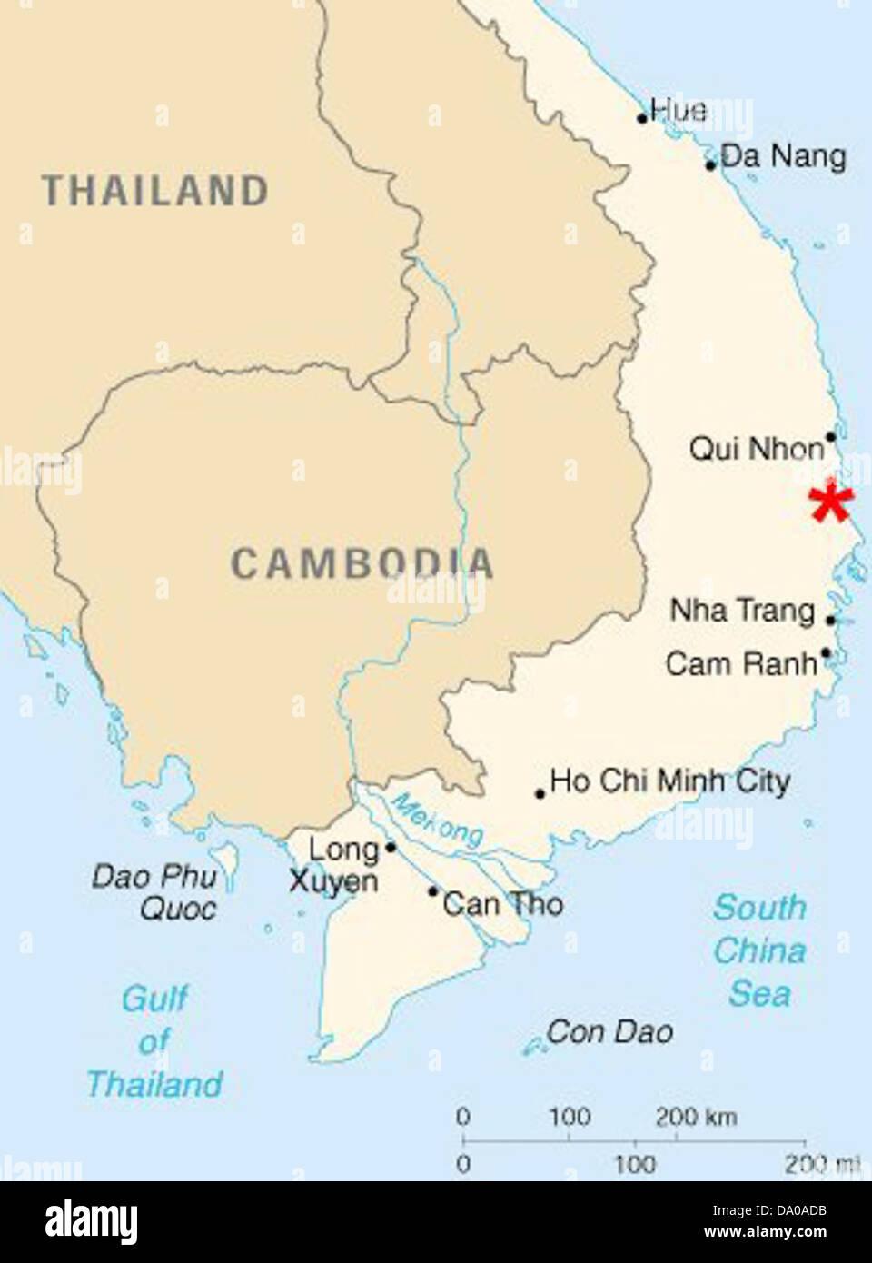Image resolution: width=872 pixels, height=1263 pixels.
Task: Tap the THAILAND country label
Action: click(x=155, y=192)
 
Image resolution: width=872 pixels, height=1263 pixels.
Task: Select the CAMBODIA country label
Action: click(x=362, y=563)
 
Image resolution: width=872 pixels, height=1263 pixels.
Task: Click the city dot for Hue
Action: click(x=642, y=118)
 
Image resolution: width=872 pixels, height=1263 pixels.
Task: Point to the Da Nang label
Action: click(x=783, y=156)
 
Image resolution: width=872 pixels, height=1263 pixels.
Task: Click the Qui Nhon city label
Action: click(x=756, y=448)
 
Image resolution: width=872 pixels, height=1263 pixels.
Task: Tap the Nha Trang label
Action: click(x=742, y=610)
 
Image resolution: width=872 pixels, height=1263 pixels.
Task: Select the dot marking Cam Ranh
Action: click(x=825, y=652)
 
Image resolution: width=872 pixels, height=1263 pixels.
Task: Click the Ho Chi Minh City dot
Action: click(x=540, y=793)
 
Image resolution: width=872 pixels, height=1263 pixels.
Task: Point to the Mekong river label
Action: click(x=437, y=819)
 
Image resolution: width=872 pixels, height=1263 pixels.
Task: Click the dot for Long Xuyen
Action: click(x=391, y=848)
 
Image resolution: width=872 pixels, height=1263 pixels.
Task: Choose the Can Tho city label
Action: click(x=503, y=903)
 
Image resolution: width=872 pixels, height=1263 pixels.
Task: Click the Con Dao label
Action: click(x=609, y=1032)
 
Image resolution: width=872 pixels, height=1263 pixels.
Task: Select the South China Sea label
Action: click(x=759, y=950)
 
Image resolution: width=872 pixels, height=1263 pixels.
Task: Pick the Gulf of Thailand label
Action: click(x=154, y=1041)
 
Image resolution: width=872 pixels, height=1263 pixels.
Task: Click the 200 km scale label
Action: click(x=696, y=1117)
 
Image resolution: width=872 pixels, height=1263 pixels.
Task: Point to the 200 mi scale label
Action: click(x=821, y=1163)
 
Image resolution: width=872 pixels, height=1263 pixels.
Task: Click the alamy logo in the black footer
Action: click(x=91, y=1222)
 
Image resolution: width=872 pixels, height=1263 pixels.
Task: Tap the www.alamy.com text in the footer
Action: click(x=765, y=1232)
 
